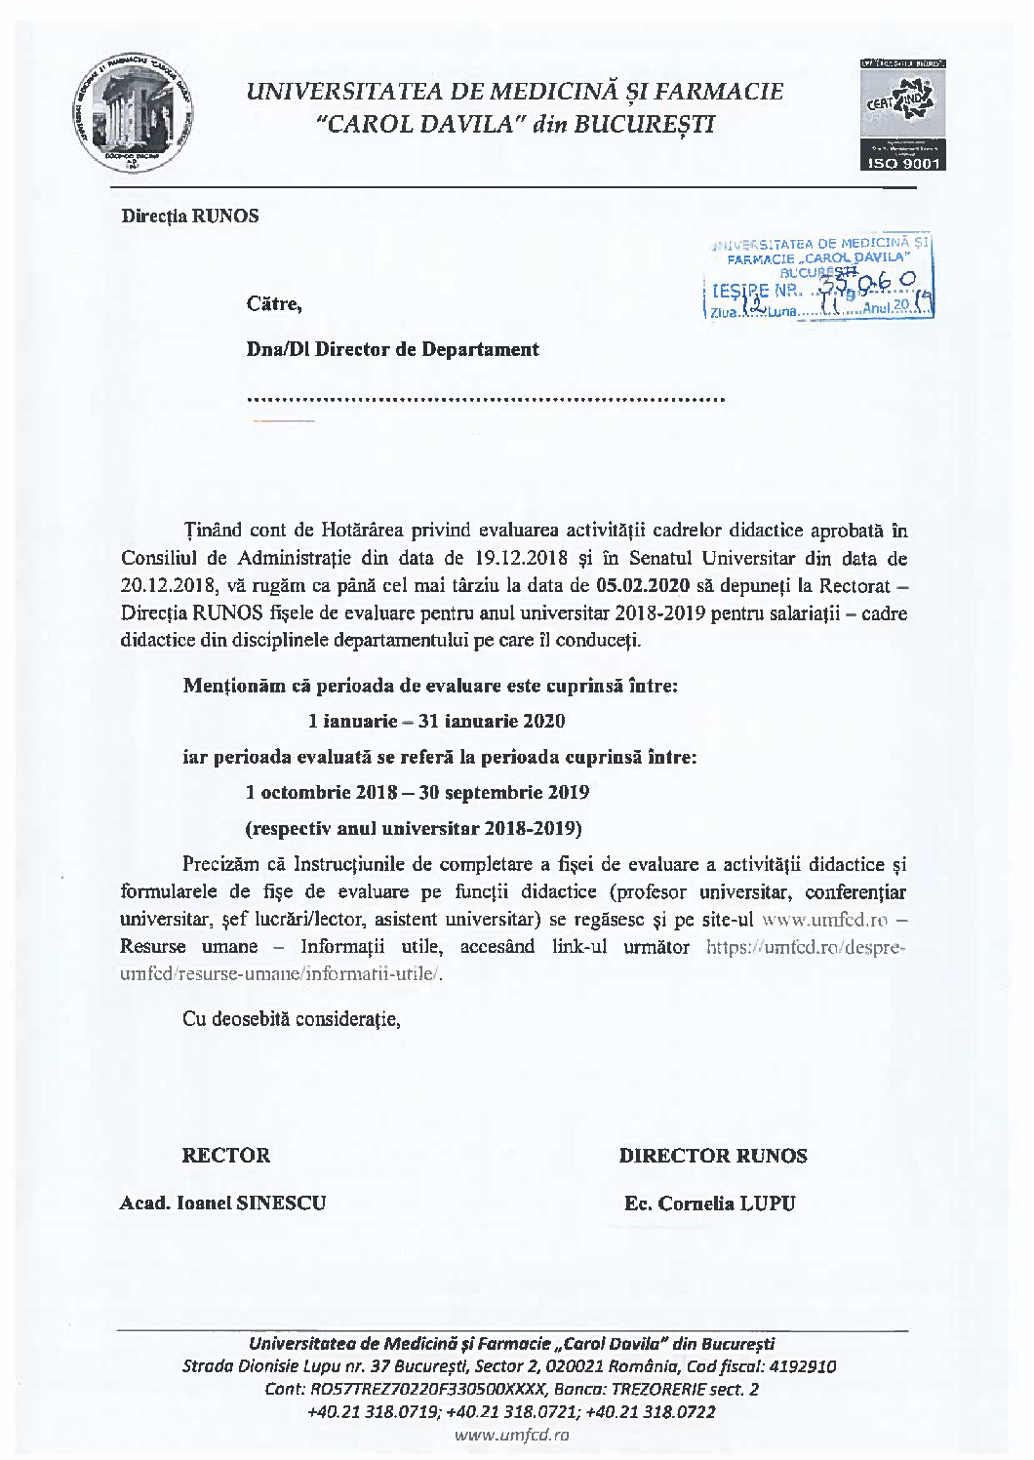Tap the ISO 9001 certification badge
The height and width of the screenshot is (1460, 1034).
901,115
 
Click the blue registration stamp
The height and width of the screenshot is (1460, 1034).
818,277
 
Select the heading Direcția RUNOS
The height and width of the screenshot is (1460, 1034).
190,217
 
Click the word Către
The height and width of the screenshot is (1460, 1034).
274,304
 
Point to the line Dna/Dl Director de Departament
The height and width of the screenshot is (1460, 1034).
392,349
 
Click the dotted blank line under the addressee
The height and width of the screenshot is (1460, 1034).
486,399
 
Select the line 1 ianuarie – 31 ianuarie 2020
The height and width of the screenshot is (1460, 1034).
436,722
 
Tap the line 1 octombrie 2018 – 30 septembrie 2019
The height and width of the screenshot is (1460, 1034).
418,792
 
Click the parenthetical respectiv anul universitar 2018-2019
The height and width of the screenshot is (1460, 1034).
414,829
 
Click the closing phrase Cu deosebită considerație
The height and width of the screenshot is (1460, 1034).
292,1019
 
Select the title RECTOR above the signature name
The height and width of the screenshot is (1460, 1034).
225,1156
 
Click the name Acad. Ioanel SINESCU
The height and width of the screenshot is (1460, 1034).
222,1203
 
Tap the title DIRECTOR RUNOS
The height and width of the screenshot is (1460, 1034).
713,1156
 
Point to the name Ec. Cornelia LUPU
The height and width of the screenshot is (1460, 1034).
710,1203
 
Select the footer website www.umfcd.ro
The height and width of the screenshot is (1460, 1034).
512,1435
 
